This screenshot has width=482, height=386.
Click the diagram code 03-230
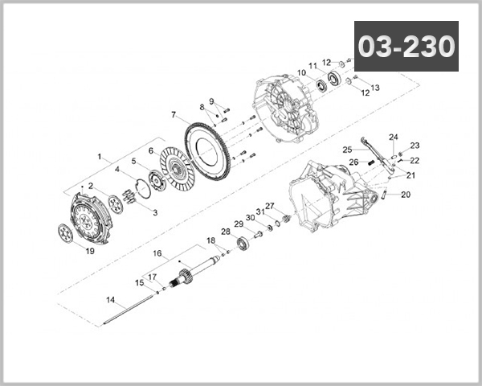pyautogui.click(x=406, y=46)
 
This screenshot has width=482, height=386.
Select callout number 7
pyautogui.click(x=174, y=114)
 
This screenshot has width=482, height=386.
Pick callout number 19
pyautogui.click(x=90, y=250)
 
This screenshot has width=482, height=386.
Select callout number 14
pyautogui.click(x=110, y=299)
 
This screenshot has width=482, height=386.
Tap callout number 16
pyautogui.click(x=157, y=253)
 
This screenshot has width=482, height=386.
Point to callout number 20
pyautogui.click(x=405, y=194)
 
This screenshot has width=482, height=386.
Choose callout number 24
pyautogui.click(x=394, y=137)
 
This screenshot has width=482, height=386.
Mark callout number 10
pyautogui.click(x=301, y=73)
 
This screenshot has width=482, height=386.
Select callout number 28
pyautogui.click(x=227, y=232)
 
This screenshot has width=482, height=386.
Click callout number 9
pyautogui.click(x=212, y=101)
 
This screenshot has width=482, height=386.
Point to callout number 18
pyautogui.click(x=210, y=240)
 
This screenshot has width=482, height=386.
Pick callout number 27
pyautogui.click(x=270, y=206)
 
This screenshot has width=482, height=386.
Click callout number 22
pyautogui.click(x=415, y=161)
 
